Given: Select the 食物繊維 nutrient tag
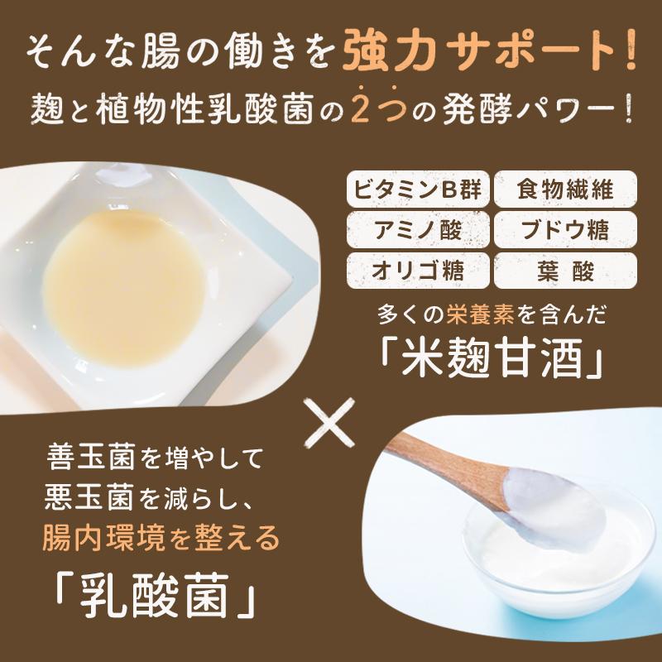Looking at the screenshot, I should pyautogui.click(x=565, y=189).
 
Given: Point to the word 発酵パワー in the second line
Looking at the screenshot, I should pyautogui.click(x=537, y=109).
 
